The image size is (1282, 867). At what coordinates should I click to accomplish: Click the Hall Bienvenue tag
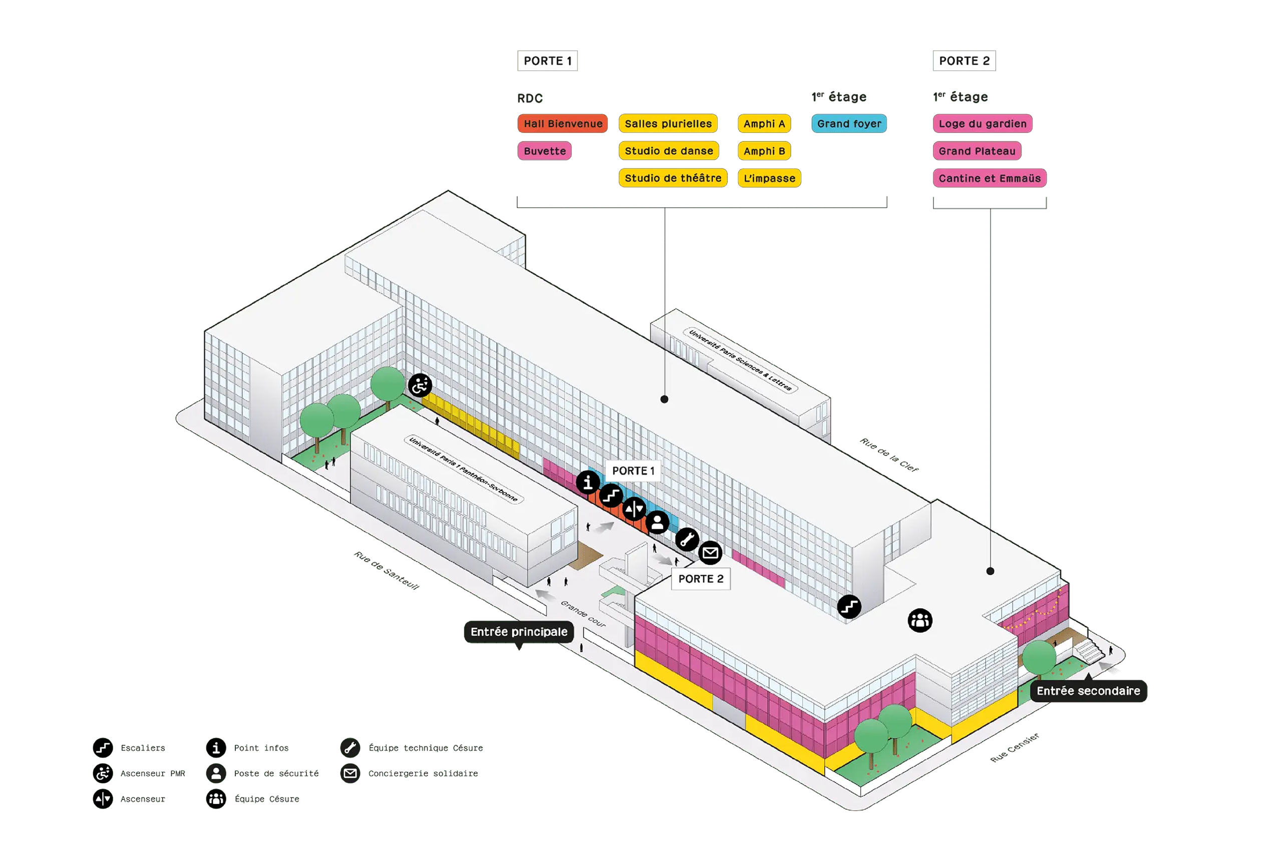click(x=563, y=124)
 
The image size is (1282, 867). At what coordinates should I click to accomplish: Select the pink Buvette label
click(x=544, y=151)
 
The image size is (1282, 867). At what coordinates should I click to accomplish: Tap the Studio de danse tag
click(x=669, y=151)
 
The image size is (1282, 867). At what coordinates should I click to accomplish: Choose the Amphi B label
click(x=764, y=151)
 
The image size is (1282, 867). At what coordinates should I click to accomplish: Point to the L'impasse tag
click(x=769, y=178)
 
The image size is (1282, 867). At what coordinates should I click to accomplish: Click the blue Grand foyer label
click(x=849, y=124)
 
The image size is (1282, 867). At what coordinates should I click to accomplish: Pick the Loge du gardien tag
click(x=983, y=124)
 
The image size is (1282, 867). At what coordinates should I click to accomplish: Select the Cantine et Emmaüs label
click(x=990, y=178)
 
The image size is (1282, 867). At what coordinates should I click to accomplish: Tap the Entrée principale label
click(x=518, y=632)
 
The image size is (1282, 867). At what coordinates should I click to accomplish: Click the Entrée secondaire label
click(x=1088, y=690)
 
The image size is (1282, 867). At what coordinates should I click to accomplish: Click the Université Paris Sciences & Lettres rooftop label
click(x=740, y=360)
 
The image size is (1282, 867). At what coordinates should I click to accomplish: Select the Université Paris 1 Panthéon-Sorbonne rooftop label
click(x=463, y=470)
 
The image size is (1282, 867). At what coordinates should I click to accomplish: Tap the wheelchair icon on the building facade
click(x=420, y=385)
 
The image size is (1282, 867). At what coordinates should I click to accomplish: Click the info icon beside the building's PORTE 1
click(x=588, y=482)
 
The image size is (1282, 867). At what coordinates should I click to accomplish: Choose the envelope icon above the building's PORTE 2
click(x=711, y=553)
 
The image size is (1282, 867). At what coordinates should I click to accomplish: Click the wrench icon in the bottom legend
click(x=350, y=748)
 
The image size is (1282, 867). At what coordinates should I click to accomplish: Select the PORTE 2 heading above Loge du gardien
click(x=965, y=61)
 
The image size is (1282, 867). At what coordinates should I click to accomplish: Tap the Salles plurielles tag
click(x=668, y=124)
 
